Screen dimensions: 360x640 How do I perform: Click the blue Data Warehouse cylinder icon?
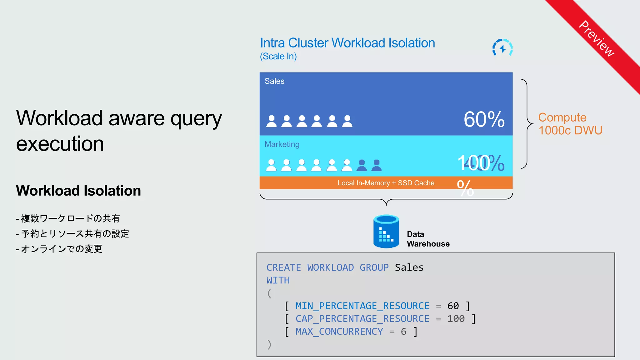coord(386,231)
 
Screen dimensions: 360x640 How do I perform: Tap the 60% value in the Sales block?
coord(484,119)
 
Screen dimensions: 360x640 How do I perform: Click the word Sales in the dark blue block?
coord(274,81)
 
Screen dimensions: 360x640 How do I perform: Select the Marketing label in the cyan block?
coord(282,144)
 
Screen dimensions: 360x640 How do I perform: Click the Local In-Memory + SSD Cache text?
coord(386,183)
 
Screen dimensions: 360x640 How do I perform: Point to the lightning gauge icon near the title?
coord(502,48)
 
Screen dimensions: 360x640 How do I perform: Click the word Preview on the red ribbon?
coord(597,39)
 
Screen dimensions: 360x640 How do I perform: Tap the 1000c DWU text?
coord(570,130)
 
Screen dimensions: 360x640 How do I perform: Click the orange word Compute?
coord(562,117)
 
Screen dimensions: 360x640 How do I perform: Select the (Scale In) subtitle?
coord(278,56)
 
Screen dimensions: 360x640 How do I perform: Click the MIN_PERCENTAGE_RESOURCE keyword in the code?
coord(362,306)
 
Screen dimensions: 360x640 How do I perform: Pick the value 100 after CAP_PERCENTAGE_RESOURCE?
coord(456,319)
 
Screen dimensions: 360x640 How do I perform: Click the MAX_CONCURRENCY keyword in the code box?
coord(339,332)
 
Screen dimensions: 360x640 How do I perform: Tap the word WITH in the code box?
coord(278,280)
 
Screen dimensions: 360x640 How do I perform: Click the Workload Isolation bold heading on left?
coord(78,191)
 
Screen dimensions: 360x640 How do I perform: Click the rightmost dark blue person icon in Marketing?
coord(377,165)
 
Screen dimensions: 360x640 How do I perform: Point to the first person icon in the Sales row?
coord(271,121)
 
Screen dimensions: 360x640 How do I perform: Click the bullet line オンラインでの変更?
coord(61,249)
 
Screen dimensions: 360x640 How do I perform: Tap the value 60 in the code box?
coord(453,306)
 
